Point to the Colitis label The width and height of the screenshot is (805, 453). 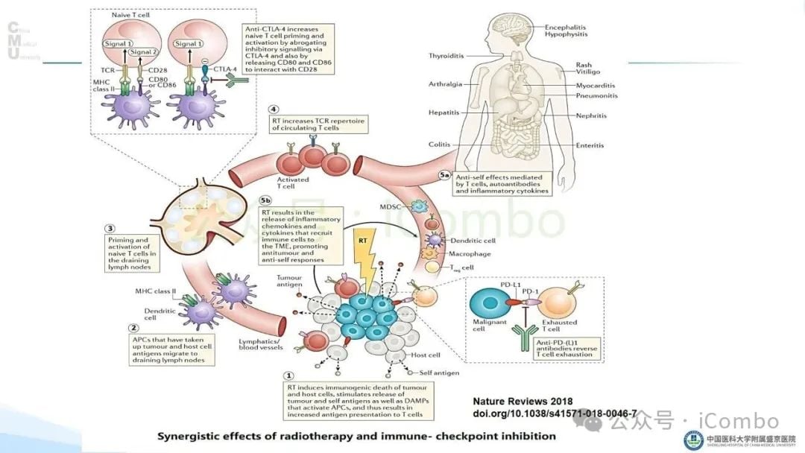point(439,145)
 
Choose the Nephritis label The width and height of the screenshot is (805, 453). point(591,116)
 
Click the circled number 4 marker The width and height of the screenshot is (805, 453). point(274,110)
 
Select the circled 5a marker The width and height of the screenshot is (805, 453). point(445,176)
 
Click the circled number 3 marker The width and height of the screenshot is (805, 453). point(110,228)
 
